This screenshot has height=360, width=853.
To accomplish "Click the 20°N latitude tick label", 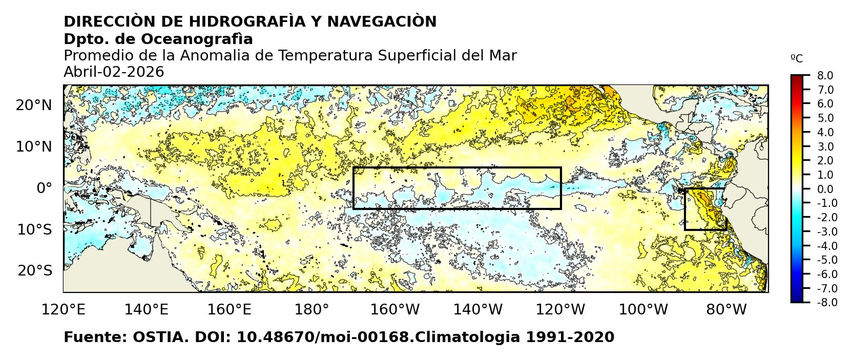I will coord(34,105).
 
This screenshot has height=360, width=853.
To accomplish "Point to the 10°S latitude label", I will coord(34,229).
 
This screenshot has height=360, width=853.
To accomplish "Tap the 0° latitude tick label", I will coord(44,188).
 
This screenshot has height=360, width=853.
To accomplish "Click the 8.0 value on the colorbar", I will coord(825,76).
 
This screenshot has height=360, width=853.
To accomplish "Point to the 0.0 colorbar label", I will coord(825,189).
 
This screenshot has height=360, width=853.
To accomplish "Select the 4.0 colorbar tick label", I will coord(825,132).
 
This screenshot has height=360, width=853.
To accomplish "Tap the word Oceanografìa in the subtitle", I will coord(197,39).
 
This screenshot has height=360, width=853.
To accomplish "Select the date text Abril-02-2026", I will coord(114,72).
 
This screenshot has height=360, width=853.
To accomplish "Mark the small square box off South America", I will coord(705,209).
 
